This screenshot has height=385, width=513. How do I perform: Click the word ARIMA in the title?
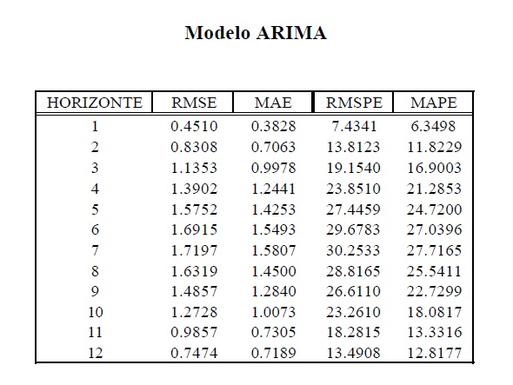click(291, 33)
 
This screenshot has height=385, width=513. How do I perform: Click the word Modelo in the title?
click(217, 33)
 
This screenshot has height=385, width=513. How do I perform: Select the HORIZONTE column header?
click(95, 103)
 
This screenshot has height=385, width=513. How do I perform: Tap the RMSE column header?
click(194, 103)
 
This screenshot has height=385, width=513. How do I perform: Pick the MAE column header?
click(273, 103)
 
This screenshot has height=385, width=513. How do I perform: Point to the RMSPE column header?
click(354, 103)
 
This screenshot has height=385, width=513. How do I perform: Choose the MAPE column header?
click(434, 103)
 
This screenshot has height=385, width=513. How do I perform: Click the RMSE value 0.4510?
click(194, 126)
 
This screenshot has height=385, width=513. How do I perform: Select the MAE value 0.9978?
click(274, 168)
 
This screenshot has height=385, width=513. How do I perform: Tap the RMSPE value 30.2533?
click(353, 250)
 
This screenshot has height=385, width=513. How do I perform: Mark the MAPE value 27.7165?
click(434, 250)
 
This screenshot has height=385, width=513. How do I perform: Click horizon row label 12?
click(95, 353)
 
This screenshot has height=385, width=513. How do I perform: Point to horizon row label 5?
click(95, 209)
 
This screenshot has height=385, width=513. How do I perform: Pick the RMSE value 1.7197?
click(194, 250)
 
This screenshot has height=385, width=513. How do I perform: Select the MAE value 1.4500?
click(274, 271)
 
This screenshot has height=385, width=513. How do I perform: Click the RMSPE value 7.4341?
click(354, 126)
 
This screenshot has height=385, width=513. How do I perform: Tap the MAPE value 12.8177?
click(434, 353)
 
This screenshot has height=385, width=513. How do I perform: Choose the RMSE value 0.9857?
click(194, 332)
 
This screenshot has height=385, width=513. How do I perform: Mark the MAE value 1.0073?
click(274, 312)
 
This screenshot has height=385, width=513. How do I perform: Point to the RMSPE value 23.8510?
click(353, 189)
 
